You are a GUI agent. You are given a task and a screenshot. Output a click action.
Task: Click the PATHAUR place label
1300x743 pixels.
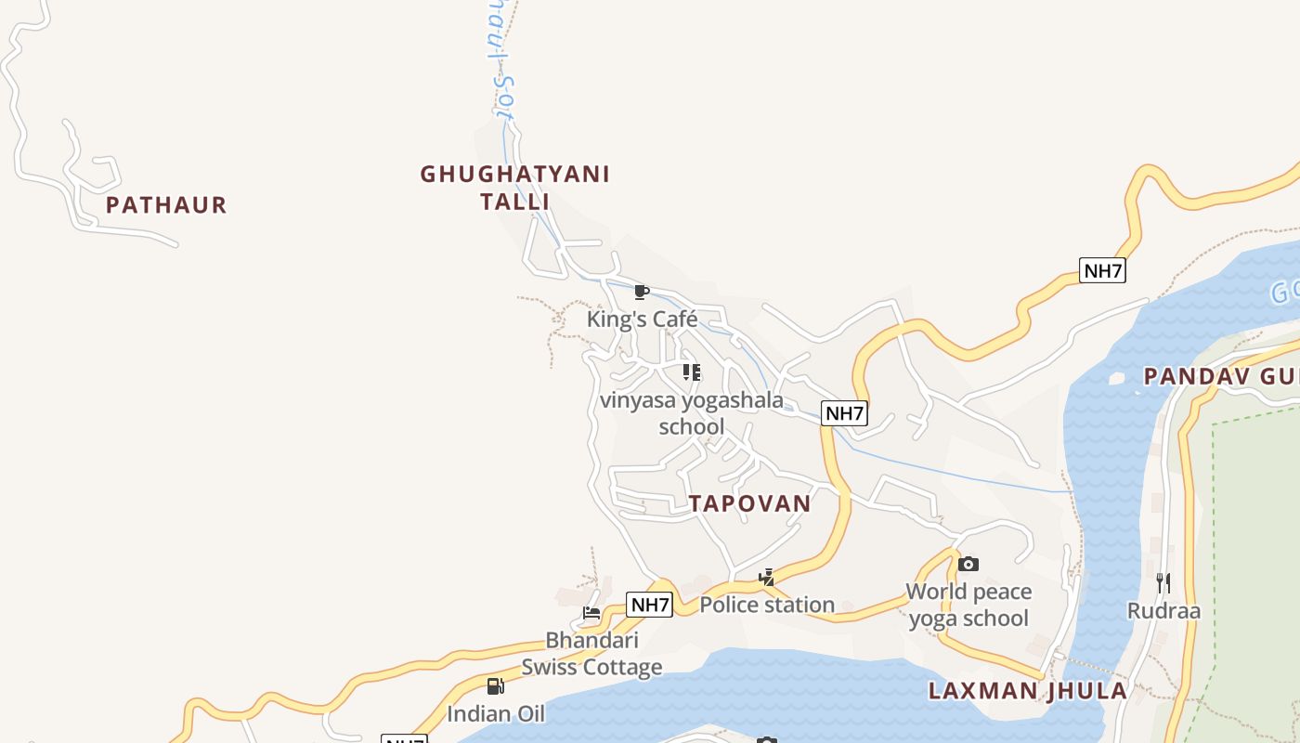tap(166, 205)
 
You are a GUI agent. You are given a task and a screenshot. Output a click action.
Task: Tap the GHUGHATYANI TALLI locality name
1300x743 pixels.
tap(514, 188)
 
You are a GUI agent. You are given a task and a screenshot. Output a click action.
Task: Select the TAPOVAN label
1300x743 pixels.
tap(749, 503)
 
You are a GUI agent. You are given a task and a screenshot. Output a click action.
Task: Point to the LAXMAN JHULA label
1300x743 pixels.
tap(1028, 690)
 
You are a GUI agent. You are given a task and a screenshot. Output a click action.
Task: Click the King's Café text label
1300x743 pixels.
tap(642, 319)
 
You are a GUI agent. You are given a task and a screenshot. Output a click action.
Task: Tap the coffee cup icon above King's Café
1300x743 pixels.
tap(641, 293)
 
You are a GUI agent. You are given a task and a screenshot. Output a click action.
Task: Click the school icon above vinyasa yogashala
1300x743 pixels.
tap(692, 372)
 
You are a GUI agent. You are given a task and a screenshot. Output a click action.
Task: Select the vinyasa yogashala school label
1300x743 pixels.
tap(692, 413)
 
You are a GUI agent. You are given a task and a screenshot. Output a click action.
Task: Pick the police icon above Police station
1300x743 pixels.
tap(766, 578)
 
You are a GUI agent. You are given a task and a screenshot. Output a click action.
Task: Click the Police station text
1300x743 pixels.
tap(767, 605)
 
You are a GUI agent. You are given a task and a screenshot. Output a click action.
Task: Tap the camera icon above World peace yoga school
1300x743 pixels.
tap(968, 564)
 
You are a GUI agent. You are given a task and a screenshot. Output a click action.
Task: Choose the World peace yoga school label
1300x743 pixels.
tap(968, 605)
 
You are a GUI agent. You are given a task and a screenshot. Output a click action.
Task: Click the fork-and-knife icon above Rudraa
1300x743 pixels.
tap(1163, 583)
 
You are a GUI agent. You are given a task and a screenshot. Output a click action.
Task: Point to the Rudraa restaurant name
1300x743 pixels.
tap(1163, 611)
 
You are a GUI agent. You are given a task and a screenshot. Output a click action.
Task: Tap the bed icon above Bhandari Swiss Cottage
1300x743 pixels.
tap(591, 612)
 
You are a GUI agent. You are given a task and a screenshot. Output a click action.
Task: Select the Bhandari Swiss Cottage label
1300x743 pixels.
tap(591, 653)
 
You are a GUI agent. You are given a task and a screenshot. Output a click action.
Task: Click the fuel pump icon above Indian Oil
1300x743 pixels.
tap(496, 686)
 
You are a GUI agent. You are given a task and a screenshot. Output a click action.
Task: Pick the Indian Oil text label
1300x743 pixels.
tap(496, 713)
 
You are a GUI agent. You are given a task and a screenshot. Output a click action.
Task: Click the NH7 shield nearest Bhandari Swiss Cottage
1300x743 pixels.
tap(649, 605)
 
